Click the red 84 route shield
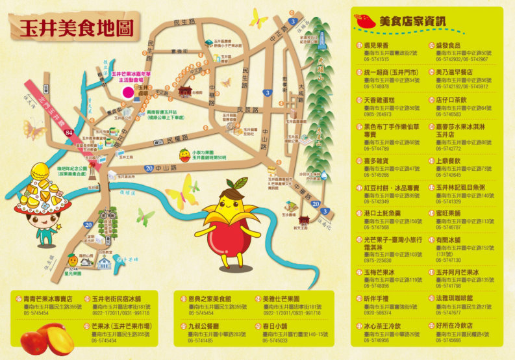69,133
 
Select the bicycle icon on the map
108,214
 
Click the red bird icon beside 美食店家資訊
366,20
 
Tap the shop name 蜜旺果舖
449,212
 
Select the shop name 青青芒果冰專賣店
51,299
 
